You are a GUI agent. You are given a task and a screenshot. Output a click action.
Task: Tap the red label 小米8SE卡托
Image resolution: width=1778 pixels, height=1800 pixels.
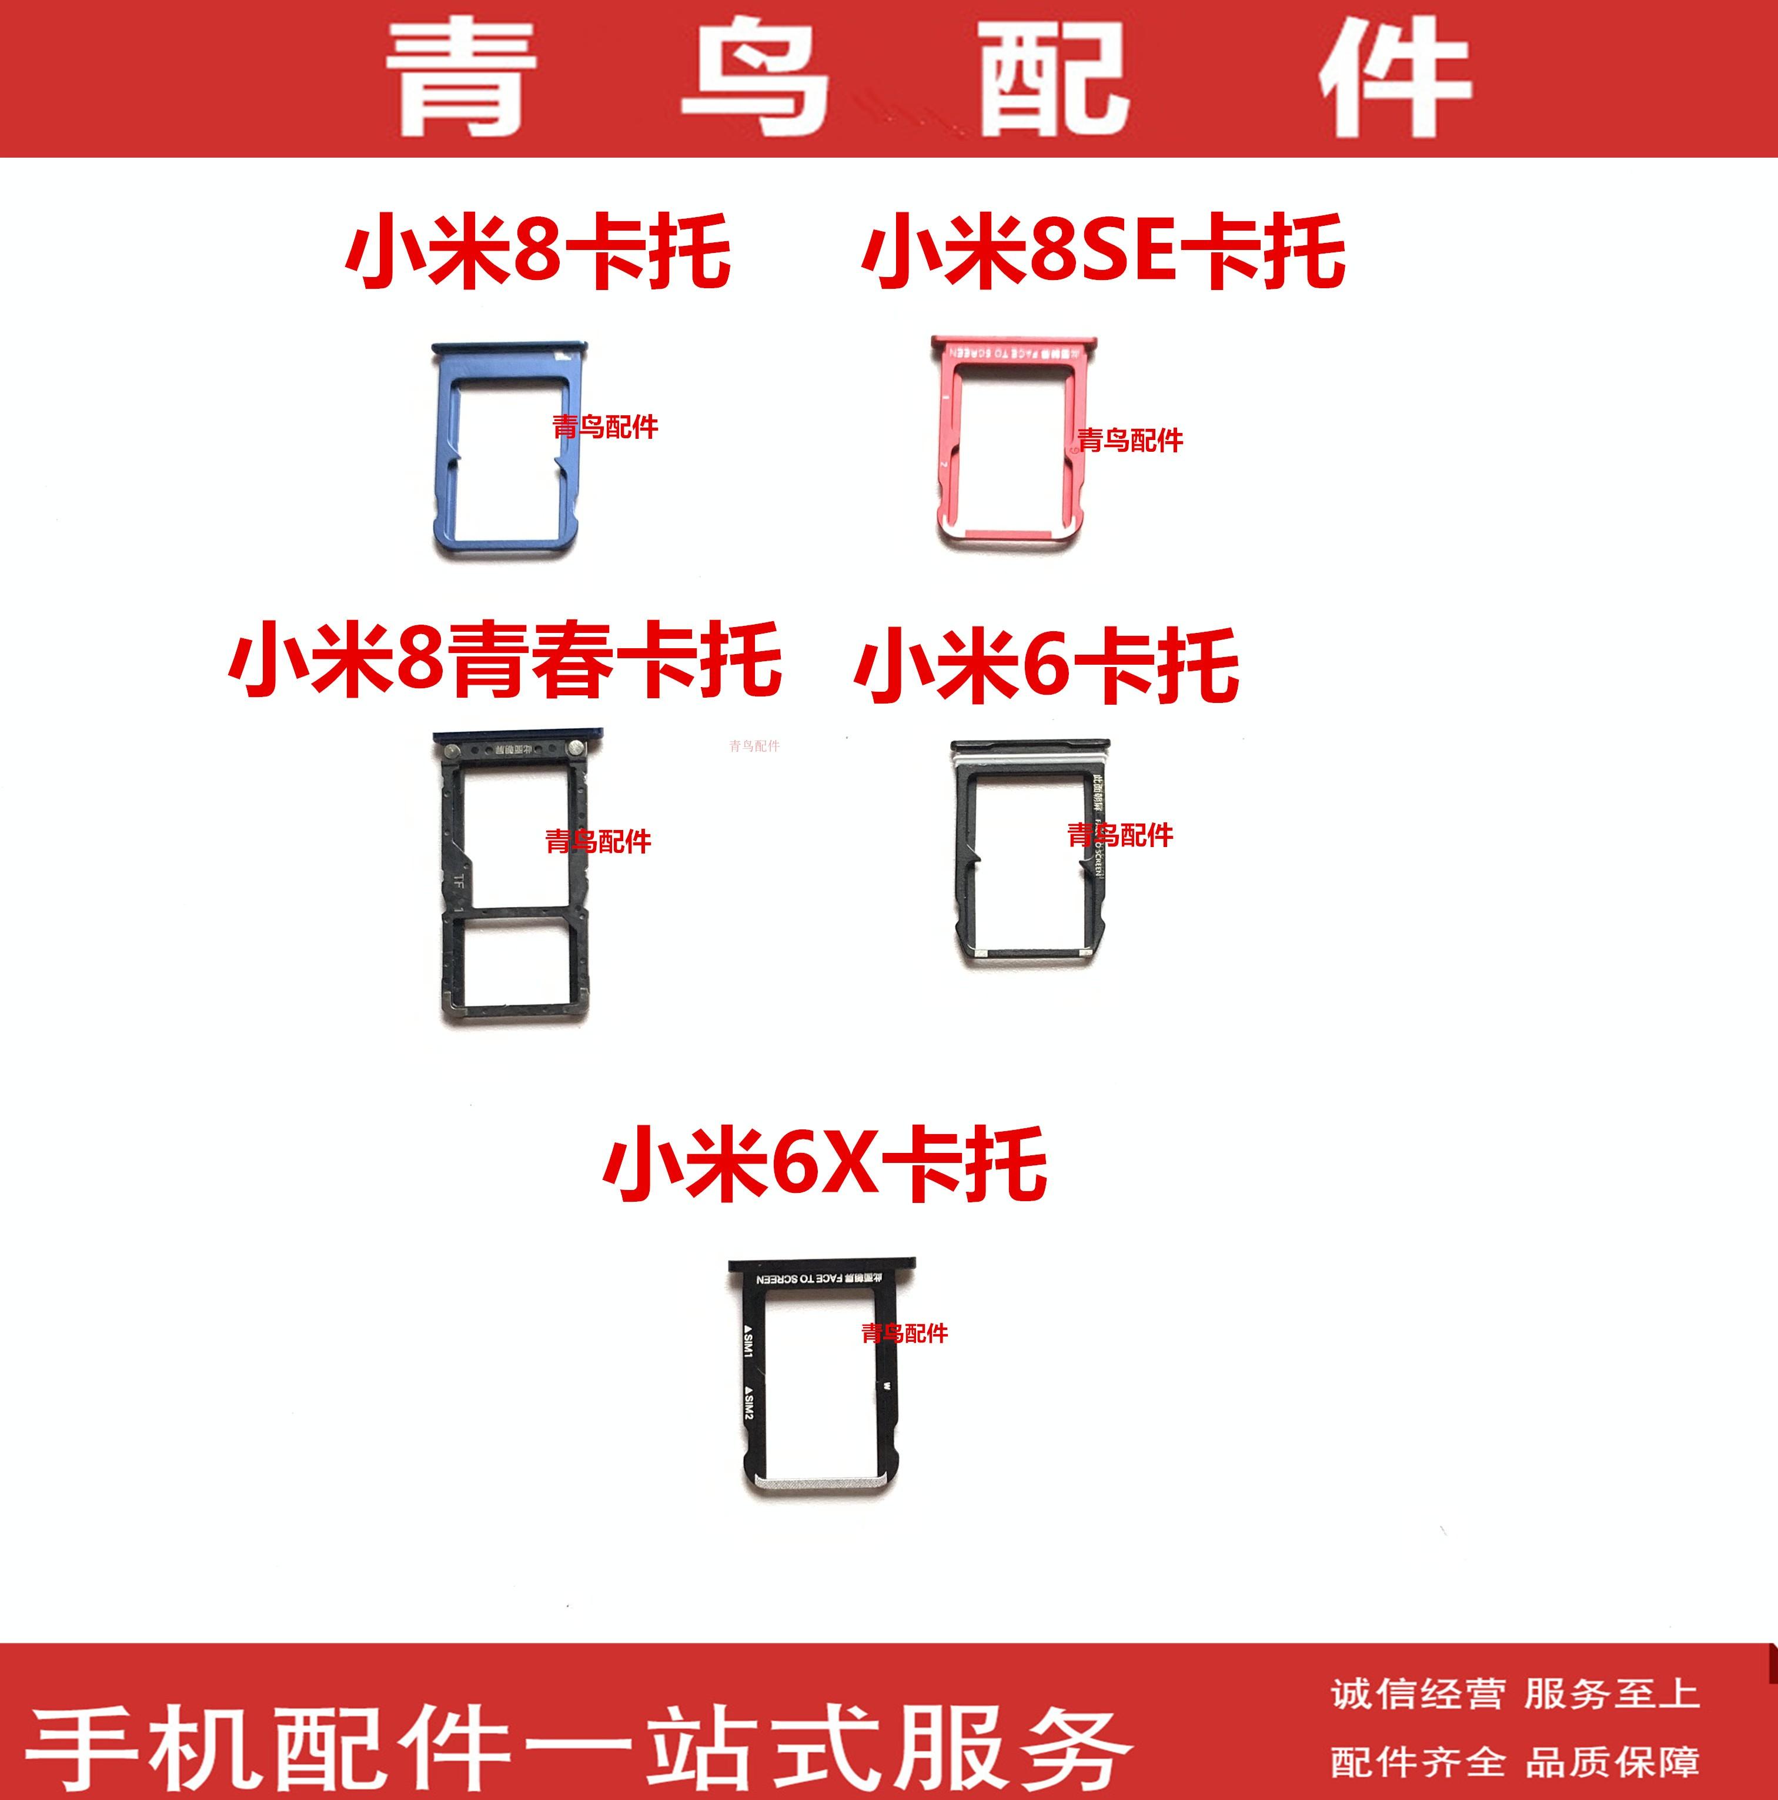click(x=1104, y=249)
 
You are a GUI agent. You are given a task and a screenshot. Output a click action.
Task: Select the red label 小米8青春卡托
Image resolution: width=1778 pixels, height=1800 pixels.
click(x=505, y=662)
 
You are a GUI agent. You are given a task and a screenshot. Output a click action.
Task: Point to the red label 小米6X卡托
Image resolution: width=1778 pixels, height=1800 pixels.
click(x=825, y=1163)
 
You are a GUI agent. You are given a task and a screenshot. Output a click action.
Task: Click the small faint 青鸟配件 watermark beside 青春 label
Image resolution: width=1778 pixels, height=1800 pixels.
click(x=754, y=745)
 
